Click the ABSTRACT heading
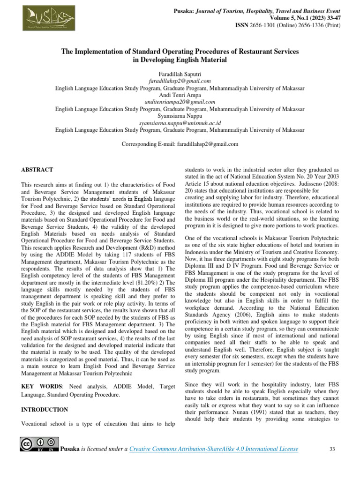coord(37,170)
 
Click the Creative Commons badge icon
coord(39,445)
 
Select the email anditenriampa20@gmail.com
coord(180,101)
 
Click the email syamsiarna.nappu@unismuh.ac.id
coord(180,122)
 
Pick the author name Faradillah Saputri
coord(180,74)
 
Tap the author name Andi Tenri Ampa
coord(180,95)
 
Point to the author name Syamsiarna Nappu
coord(180,115)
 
